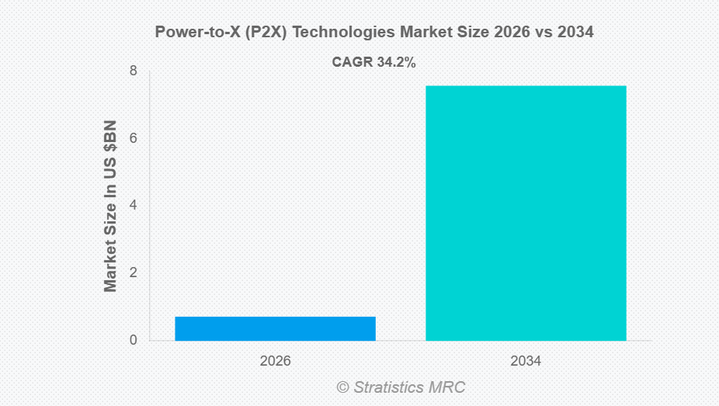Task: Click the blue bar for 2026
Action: coord(275,328)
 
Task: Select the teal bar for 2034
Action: coord(526,213)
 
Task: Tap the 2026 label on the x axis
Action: coord(275,362)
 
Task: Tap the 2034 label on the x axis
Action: coord(526,362)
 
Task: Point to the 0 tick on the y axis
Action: coord(134,340)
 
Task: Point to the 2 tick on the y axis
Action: coord(134,272)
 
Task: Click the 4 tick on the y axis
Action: coord(134,206)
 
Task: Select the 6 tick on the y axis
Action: coord(134,138)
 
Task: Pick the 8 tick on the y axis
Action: coord(134,71)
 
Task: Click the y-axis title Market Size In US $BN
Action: coord(110,206)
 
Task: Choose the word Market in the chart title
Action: coord(405,33)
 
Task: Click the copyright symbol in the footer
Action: coord(342,387)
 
